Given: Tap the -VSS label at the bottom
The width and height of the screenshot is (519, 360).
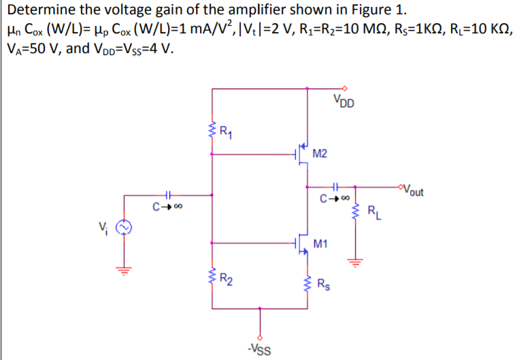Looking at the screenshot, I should tap(258, 350).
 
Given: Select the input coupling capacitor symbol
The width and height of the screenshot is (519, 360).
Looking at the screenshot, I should tap(167, 196).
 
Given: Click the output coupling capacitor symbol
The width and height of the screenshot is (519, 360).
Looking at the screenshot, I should tap(335, 185).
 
